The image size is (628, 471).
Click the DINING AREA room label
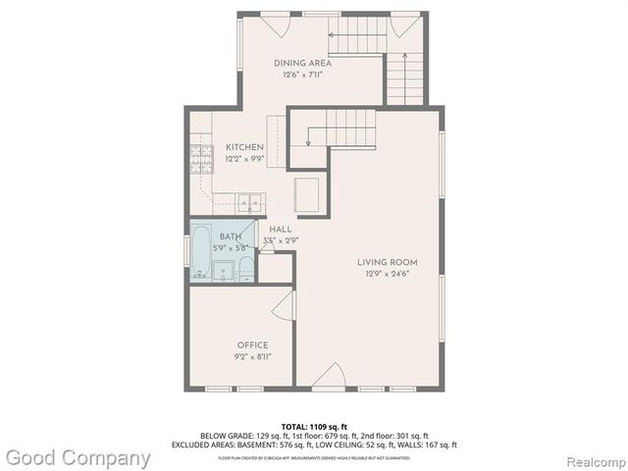point(295,63)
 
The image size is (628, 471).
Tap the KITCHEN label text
point(244,147)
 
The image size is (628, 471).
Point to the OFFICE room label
point(253,344)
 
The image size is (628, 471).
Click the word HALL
point(281,229)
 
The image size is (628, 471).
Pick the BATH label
point(231,236)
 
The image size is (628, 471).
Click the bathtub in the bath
point(199,253)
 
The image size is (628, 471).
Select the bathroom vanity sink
point(223,271)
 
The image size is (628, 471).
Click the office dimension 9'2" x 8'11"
point(253,356)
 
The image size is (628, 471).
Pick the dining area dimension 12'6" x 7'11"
point(295,75)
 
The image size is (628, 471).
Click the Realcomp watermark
point(591,458)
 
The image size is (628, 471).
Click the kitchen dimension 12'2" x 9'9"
point(244,159)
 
